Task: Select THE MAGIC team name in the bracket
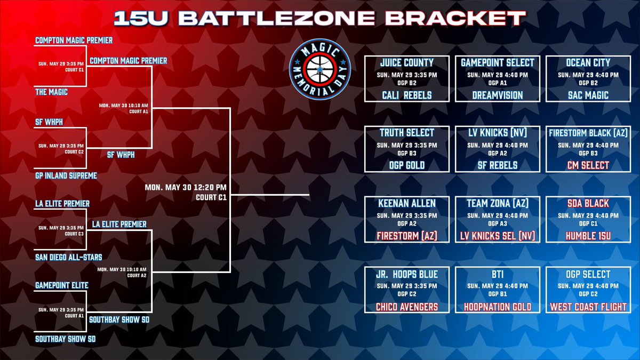tap(51, 92)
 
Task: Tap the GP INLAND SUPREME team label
tap(66, 175)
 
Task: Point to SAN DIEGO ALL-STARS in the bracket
tap(68, 257)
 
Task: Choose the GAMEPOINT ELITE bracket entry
tap(61, 286)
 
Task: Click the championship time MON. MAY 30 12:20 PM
tap(186, 187)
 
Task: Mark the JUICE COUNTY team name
tap(406, 62)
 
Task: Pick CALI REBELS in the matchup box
tap(406, 95)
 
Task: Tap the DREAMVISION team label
tap(498, 95)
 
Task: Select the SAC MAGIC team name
tap(588, 95)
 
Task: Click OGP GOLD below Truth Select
tap(406, 165)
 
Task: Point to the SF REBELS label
tap(498, 165)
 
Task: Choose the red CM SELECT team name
tap(588, 165)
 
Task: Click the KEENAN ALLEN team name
tap(406, 203)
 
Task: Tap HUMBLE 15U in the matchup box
tap(588, 236)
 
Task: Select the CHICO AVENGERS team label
tap(406, 307)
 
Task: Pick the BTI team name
tap(498, 274)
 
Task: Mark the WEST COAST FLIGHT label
tap(588, 307)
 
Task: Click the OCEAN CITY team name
tap(588, 62)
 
